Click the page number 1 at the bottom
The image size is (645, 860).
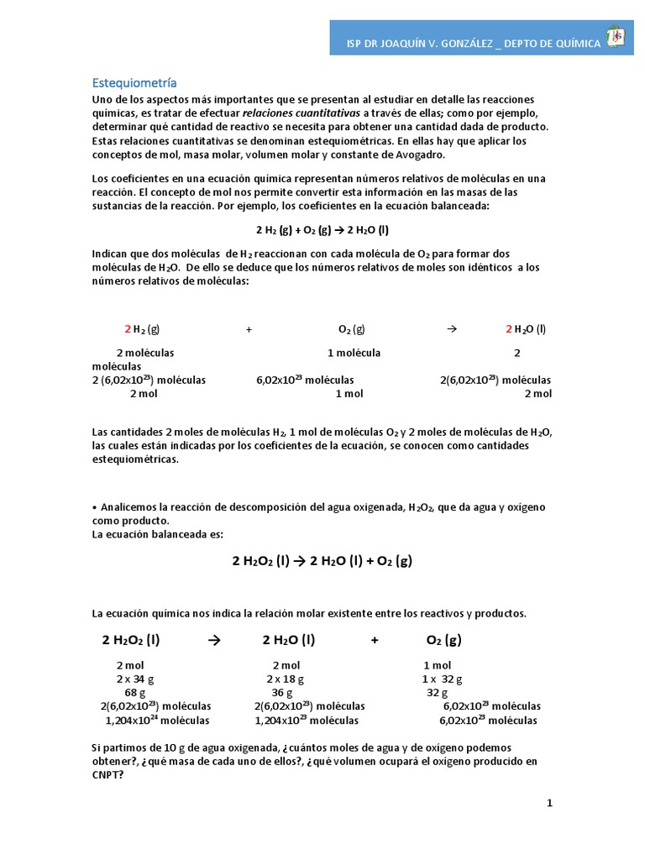tap(549, 803)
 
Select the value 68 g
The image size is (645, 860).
tap(134, 693)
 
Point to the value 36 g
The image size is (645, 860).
tap(282, 693)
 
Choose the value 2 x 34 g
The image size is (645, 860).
tap(135, 679)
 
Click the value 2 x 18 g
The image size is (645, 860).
tap(286, 679)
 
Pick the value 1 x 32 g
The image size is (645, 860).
tap(442, 679)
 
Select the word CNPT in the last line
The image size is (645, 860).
tap(107, 775)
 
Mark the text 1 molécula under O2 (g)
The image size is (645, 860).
tap(354, 353)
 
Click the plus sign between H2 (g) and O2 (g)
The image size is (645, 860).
tap(249, 330)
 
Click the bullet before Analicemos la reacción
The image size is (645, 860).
tap(95, 507)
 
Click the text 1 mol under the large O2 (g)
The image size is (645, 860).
tap(437, 665)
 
